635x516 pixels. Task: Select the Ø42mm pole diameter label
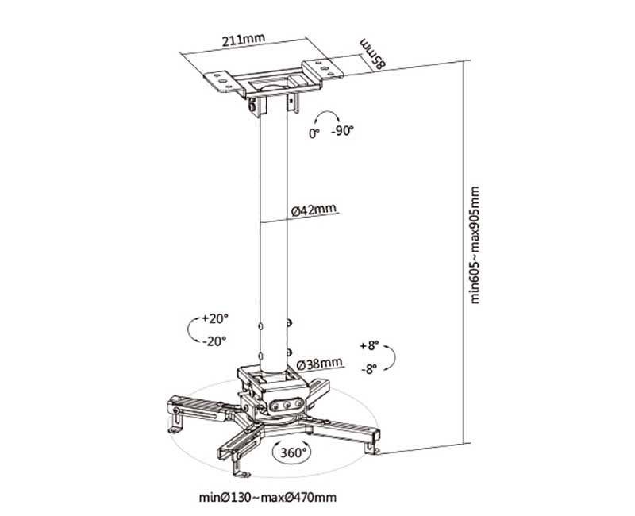314,210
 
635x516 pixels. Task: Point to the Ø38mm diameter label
320,364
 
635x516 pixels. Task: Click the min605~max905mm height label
475,246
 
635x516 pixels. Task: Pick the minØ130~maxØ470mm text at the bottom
267,499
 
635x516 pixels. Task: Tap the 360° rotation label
294,452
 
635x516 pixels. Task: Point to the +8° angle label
369,346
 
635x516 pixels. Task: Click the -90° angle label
342,133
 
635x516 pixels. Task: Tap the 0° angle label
314,133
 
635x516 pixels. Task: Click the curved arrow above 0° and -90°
328,115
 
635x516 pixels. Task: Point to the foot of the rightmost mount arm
371,446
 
